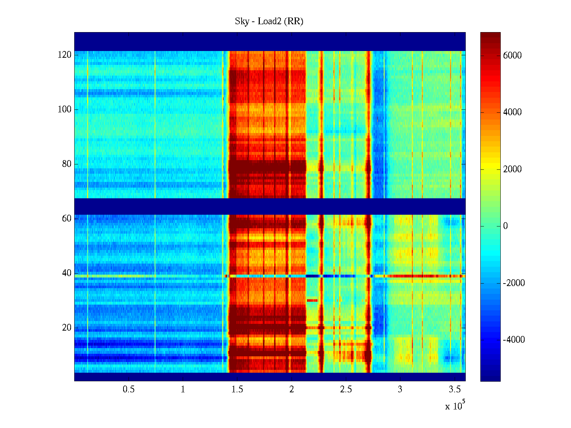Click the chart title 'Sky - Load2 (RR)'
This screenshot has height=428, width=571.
click(269, 21)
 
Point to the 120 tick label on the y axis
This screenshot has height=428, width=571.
click(65, 55)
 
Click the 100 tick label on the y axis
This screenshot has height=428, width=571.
click(65, 109)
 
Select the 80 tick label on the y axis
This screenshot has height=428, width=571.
click(67, 164)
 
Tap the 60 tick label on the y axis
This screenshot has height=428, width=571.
click(67, 219)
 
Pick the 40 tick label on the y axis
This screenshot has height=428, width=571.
click(67, 273)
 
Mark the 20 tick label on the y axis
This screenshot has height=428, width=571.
click(67, 328)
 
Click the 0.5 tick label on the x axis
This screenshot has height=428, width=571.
click(128, 389)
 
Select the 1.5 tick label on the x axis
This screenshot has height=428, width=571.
click(237, 389)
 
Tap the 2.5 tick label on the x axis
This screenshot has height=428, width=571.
click(346, 389)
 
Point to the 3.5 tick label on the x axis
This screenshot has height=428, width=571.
click(455, 389)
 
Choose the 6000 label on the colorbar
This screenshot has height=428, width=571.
click(512, 55)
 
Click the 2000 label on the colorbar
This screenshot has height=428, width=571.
click(512, 169)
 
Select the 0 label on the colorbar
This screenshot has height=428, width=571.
click(505, 226)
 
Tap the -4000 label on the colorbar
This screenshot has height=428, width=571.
click(514, 340)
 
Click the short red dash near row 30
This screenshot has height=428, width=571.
click(312, 300)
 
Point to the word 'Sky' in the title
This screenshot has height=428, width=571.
click(242, 21)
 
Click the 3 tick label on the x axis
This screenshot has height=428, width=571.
click(400, 389)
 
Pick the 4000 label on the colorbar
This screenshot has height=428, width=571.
click(512, 112)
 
